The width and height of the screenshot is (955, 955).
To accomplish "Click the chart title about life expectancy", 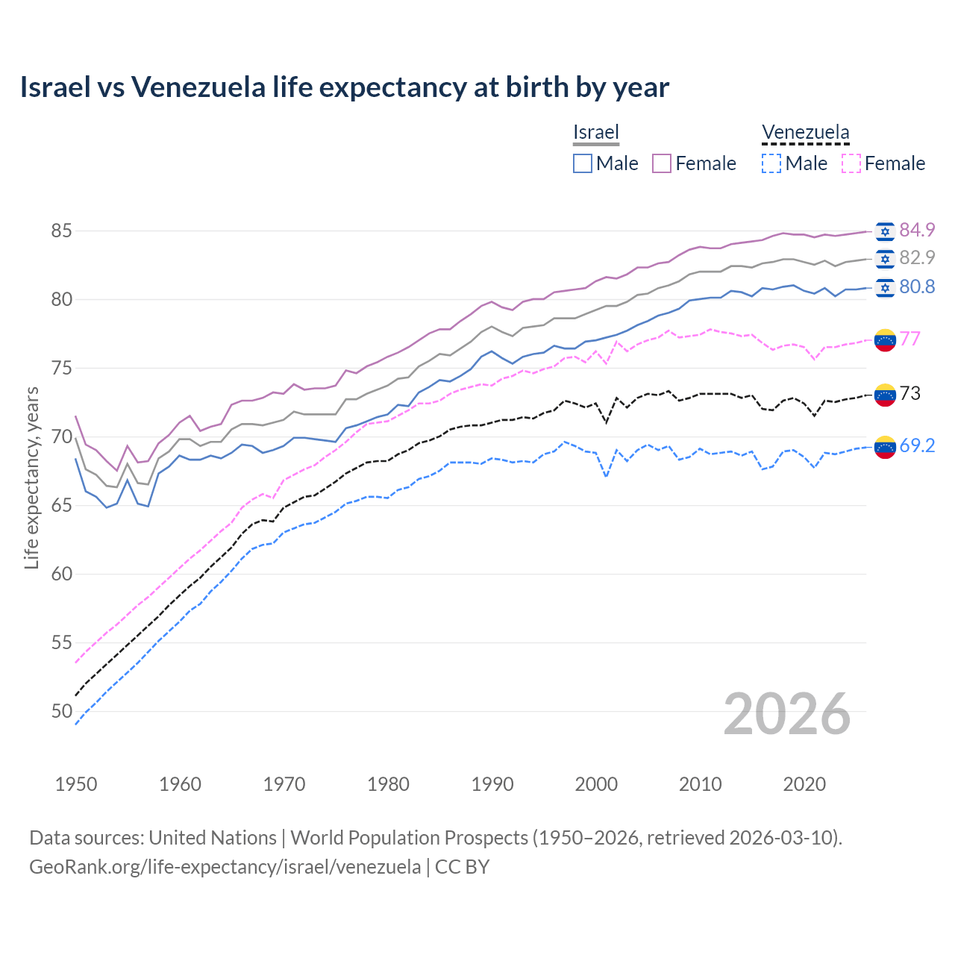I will coord(344,87).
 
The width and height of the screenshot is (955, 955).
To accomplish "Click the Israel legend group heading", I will coord(596,132).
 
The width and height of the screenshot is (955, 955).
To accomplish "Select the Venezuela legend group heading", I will coord(805,132).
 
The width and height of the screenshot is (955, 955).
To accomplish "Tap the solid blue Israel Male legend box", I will coord(583,163).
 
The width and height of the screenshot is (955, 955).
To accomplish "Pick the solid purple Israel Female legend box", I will coord(662,163).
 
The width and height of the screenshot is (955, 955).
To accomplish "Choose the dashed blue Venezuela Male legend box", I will coord(771,163).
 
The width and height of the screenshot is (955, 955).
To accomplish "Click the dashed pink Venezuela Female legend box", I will coord(851,163).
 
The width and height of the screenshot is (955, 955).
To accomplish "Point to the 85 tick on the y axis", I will coord(61,231).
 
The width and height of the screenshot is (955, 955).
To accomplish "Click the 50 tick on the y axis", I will coord(61,712).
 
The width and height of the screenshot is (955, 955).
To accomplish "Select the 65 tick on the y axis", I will coord(61,506).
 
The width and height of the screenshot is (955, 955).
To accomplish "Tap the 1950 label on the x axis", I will coord(76,784).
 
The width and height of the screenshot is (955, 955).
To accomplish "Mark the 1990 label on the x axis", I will coord(492,784).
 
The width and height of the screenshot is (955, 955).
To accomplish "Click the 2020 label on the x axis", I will coord(804,784).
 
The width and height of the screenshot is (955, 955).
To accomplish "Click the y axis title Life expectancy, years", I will coord(31,477).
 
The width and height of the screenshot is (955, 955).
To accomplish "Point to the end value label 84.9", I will coord(917,230).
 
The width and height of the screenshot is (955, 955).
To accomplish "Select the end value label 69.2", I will coord(917,445).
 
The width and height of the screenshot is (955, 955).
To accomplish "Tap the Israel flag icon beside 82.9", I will coord(885,259).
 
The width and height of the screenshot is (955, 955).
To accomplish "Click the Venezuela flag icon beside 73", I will coord(885,395).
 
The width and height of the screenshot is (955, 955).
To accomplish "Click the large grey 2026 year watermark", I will coord(786,714).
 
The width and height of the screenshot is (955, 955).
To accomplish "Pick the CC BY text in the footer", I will coord(462,867).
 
